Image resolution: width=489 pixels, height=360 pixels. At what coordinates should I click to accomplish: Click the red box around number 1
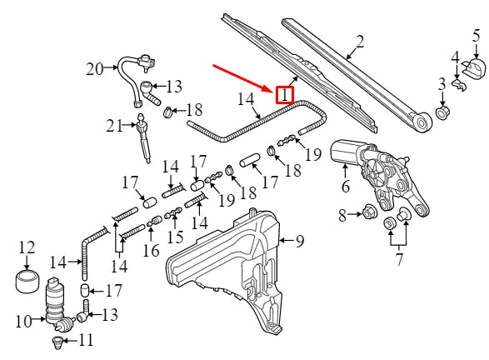[x=285, y=95]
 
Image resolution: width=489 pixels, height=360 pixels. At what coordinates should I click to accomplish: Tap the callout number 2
[x=360, y=41]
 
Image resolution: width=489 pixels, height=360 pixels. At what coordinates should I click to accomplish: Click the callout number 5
[x=477, y=35]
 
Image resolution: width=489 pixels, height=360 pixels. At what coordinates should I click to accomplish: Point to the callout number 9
[x=300, y=242]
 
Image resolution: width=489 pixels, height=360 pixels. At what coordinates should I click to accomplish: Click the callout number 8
[x=342, y=217]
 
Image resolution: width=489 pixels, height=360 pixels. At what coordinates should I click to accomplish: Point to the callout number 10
[x=23, y=320]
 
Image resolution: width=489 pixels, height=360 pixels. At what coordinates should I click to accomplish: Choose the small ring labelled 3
[x=442, y=110]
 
